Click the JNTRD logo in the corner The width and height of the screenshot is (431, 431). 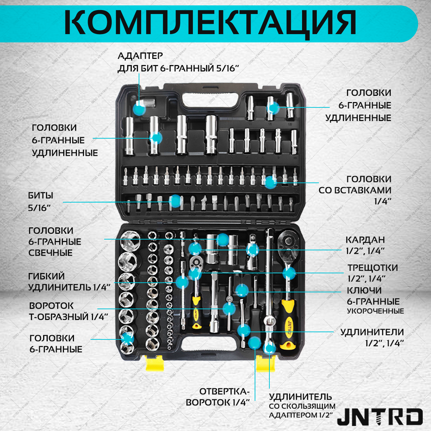[380, 417]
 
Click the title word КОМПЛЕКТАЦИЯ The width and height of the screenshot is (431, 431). [210, 22]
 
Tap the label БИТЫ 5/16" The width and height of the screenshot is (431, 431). [41, 201]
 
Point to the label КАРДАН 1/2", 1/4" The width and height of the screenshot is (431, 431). [365, 245]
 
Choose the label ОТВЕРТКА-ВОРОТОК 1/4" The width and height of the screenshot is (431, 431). [218, 397]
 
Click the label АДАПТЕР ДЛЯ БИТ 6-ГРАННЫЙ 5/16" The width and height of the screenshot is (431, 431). [178, 62]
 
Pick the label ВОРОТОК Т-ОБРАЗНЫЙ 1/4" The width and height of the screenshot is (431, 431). [69, 311]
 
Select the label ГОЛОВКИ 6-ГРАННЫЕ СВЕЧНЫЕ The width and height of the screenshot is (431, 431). [55, 241]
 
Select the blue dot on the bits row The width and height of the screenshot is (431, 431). [175, 201]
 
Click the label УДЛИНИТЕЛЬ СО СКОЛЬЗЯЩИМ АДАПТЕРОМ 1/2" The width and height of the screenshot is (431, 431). [302, 406]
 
